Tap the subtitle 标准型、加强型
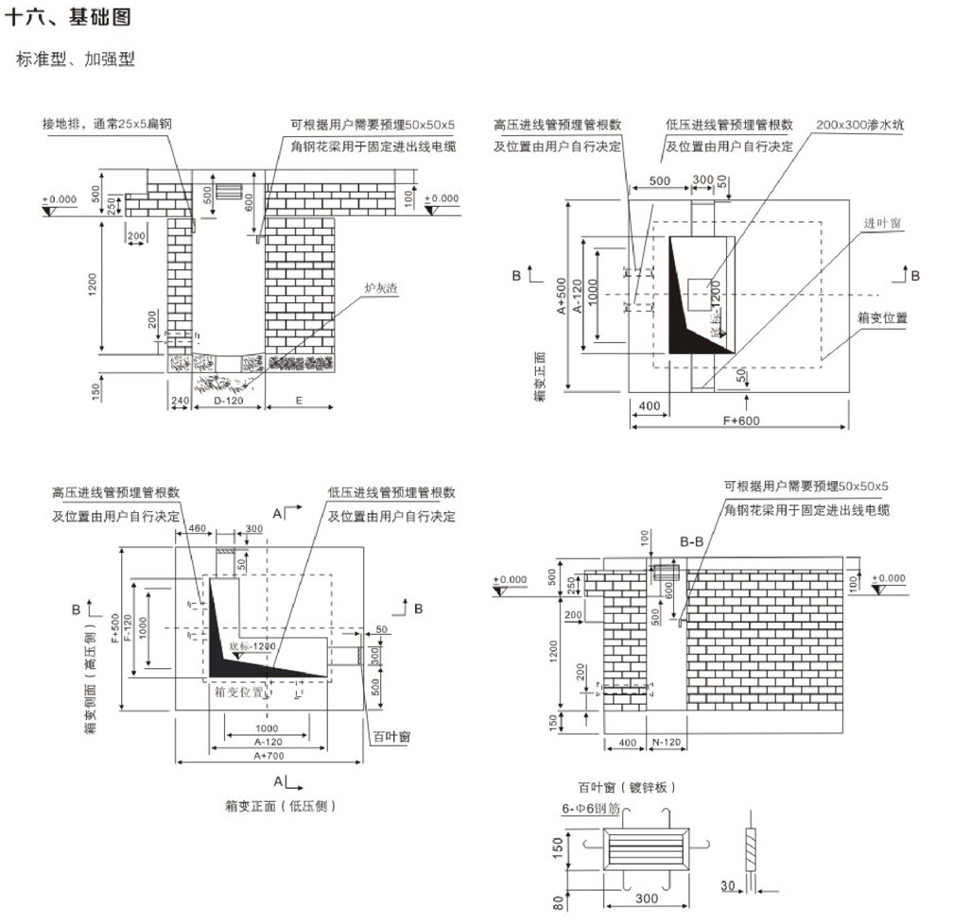(76, 60)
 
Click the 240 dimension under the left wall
(180, 402)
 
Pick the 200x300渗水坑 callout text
(859, 126)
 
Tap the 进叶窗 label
(881, 223)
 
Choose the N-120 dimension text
(665, 743)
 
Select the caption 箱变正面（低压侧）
(281, 806)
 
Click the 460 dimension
(198, 527)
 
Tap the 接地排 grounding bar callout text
(113, 124)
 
